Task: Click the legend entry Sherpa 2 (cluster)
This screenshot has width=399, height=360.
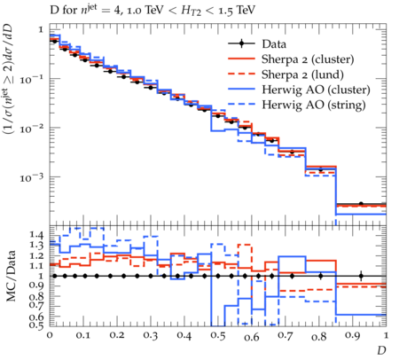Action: coord(308,59)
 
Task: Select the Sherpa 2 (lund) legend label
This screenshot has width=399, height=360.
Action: coord(302,74)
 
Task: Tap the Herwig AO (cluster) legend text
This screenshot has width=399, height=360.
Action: coord(316,90)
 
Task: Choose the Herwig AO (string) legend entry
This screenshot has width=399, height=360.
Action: coord(314,105)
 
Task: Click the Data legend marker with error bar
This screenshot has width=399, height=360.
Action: coord(241,43)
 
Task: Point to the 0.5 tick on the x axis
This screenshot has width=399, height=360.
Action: coord(218,336)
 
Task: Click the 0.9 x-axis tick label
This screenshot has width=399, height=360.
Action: coord(352,336)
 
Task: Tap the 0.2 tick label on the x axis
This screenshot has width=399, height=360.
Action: coord(117,336)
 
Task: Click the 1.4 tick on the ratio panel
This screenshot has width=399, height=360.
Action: coord(36,235)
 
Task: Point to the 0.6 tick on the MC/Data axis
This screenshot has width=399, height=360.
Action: coord(36,317)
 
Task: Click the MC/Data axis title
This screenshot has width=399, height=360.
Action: coord(11,276)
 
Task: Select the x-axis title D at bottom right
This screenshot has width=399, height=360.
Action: coord(381,350)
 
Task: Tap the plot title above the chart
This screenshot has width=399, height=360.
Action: coord(153,11)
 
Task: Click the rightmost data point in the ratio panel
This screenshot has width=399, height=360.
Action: coord(361,276)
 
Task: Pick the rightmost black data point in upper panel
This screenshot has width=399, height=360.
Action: coord(361,204)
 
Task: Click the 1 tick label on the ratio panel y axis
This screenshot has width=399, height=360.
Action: coord(41,276)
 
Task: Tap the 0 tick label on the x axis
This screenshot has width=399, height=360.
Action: coord(50,335)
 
